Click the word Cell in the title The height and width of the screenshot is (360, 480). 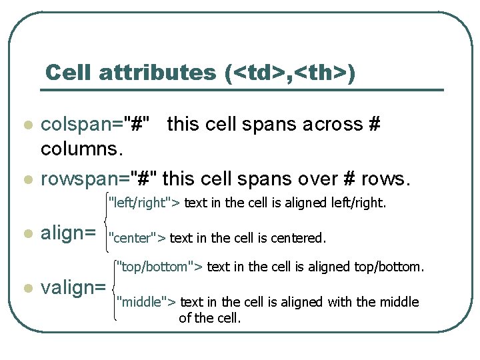point(69,73)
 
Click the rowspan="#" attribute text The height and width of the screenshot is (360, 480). point(99,179)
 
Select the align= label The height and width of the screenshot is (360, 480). point(69,233)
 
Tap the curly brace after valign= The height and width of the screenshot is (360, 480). point(115,287)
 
